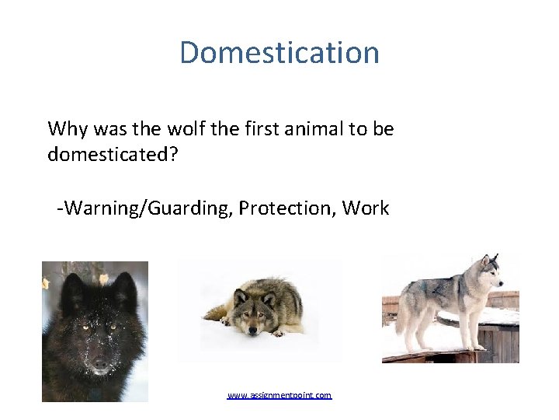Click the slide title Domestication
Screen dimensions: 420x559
coord(279,53)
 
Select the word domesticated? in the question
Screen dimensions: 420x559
coord(113,155)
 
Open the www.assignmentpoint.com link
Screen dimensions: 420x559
coord(279,395)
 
